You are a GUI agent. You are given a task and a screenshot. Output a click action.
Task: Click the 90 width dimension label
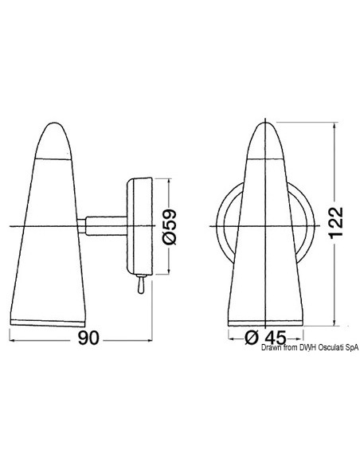pos(88,338)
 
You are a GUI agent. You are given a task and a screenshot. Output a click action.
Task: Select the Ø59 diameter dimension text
pos(170,227)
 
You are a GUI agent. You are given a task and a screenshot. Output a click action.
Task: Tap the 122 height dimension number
pos(336,222)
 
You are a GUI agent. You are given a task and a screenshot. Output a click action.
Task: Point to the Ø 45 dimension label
pos(266,338)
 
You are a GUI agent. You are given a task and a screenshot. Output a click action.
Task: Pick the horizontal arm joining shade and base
pos(106,226)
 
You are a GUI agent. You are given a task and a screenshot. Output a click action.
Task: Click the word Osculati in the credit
pos(330,348)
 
